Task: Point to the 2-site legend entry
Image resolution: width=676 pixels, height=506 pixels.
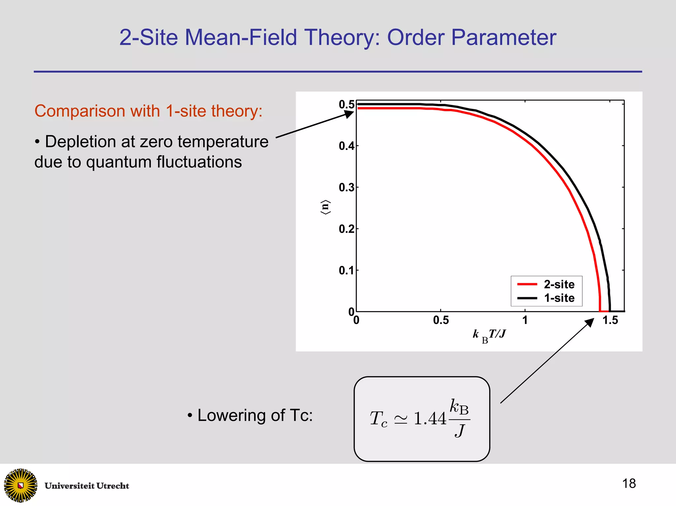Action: pos(559,284)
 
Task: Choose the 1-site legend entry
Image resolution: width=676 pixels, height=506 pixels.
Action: pos(559,298)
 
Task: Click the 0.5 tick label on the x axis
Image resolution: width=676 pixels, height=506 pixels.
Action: pos(441,320)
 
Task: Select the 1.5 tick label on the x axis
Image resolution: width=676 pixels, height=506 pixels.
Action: pos(610,320)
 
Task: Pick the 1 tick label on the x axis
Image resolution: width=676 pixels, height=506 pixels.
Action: pos(525,320)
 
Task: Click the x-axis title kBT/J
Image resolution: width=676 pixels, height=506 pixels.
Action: pos(489,335)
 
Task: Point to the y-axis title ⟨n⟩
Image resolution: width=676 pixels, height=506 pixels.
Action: pos(325,207)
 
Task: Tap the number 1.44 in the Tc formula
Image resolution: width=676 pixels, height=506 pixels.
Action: pos(430,419)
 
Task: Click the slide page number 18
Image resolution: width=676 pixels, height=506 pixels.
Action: pos(629,484)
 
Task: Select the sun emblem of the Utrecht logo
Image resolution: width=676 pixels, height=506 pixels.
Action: pos(20,485)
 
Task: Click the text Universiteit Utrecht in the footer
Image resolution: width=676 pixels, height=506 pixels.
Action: pos(87,486)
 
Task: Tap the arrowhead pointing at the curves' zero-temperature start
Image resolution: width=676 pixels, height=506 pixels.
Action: pos(349,114)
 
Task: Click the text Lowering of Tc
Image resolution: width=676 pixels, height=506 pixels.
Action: pos(254,415)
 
